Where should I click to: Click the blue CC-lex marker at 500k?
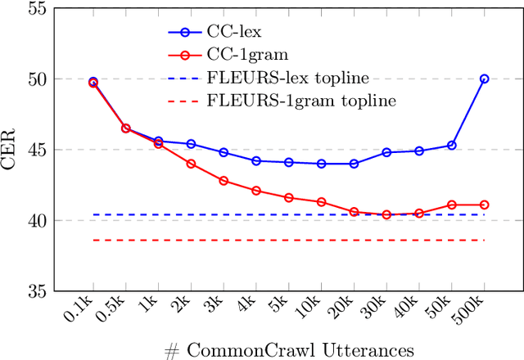coord(484,79)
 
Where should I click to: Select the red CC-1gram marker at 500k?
coord(484,205)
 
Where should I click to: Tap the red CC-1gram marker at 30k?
coord(386,214)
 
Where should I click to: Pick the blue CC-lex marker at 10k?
coord(321,164)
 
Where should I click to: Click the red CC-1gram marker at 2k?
coord(191,164)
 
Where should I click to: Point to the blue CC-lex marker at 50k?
coord(451,145)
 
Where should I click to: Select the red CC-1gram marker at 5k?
coord(288,197)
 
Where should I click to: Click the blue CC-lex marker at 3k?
coord(224,152)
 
